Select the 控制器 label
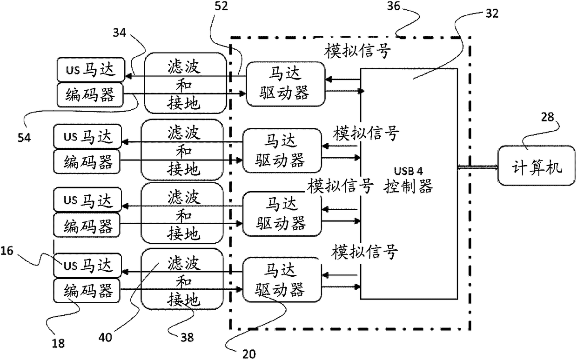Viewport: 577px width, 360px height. (x=408, y=187)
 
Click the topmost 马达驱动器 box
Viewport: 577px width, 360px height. (x=284, y=84)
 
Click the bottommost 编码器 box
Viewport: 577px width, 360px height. (x=86, y=292)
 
